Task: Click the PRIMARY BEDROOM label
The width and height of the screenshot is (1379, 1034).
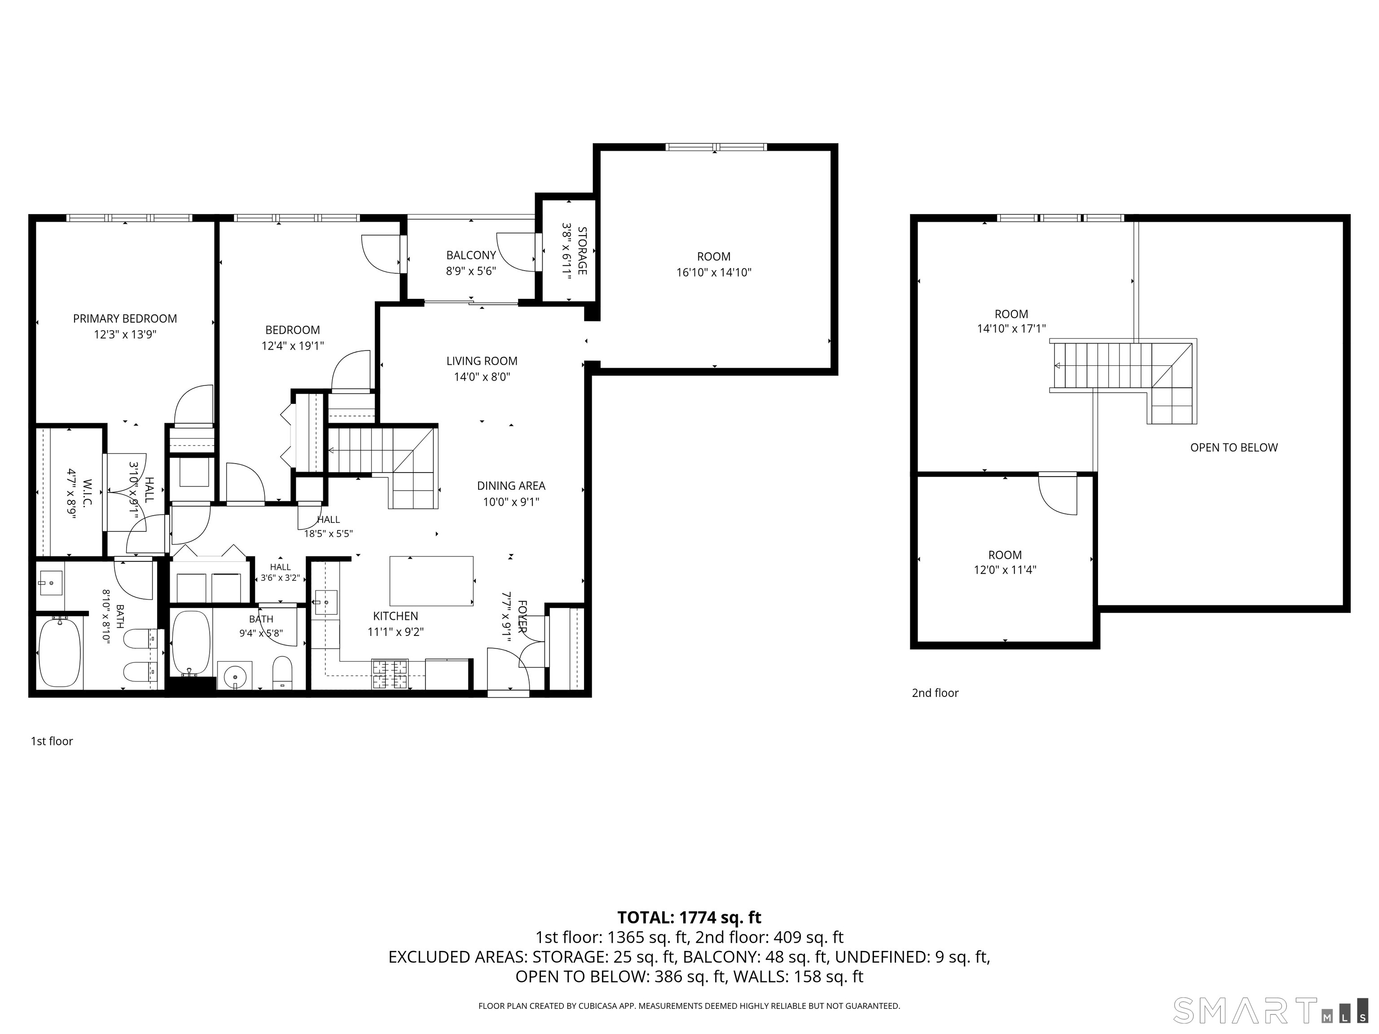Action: pyautogui.click(x=125, y=319)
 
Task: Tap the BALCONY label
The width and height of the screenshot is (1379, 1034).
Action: pyautogui.click(x=471, y=255)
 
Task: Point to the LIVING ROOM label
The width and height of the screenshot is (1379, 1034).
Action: pyautogui.click(x=482, y=361)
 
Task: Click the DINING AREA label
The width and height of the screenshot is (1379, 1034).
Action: pyautogui.click(x=511, y=486)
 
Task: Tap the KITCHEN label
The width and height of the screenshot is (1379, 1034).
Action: pyautogui.click(x=395, y=616)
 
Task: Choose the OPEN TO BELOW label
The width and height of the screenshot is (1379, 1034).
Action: pyautogui.click(x=1234, y=447)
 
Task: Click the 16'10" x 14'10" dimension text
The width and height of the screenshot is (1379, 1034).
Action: pyautogui.click(x=714, y=272)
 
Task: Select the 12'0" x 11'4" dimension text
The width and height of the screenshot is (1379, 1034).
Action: pyautogui.click(x=1005, y=570)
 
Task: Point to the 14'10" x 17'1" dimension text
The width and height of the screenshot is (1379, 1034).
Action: pyautogui.click(x=1011, y=329)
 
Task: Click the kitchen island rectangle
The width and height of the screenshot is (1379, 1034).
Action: pyautogui.click(x=431, y=581)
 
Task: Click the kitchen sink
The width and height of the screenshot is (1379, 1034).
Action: pyautogui.click(x=325, y=603)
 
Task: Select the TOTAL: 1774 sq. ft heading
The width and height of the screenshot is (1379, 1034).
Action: pyautogui.click(x=689, y=917)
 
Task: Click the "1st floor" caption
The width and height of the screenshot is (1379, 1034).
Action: pyautogui.click(x=52, y=741)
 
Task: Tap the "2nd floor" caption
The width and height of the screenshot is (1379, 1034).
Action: pyautogui.click(x=935, y=692)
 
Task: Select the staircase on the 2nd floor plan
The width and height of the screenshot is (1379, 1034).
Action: pyautogui.click(x=1123, y=380)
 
